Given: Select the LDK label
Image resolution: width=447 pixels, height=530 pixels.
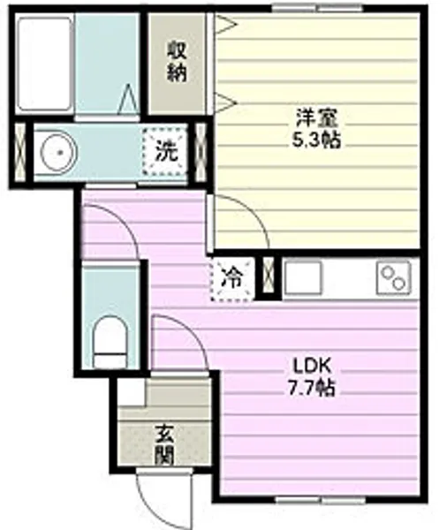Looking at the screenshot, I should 311,366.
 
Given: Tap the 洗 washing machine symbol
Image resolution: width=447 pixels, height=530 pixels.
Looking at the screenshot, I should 166,151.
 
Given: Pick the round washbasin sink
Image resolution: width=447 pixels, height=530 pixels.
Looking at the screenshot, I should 59,152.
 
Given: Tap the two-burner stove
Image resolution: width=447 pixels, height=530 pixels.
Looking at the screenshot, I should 394,279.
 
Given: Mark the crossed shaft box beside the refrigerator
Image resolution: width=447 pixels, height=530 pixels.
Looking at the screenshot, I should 268,276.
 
